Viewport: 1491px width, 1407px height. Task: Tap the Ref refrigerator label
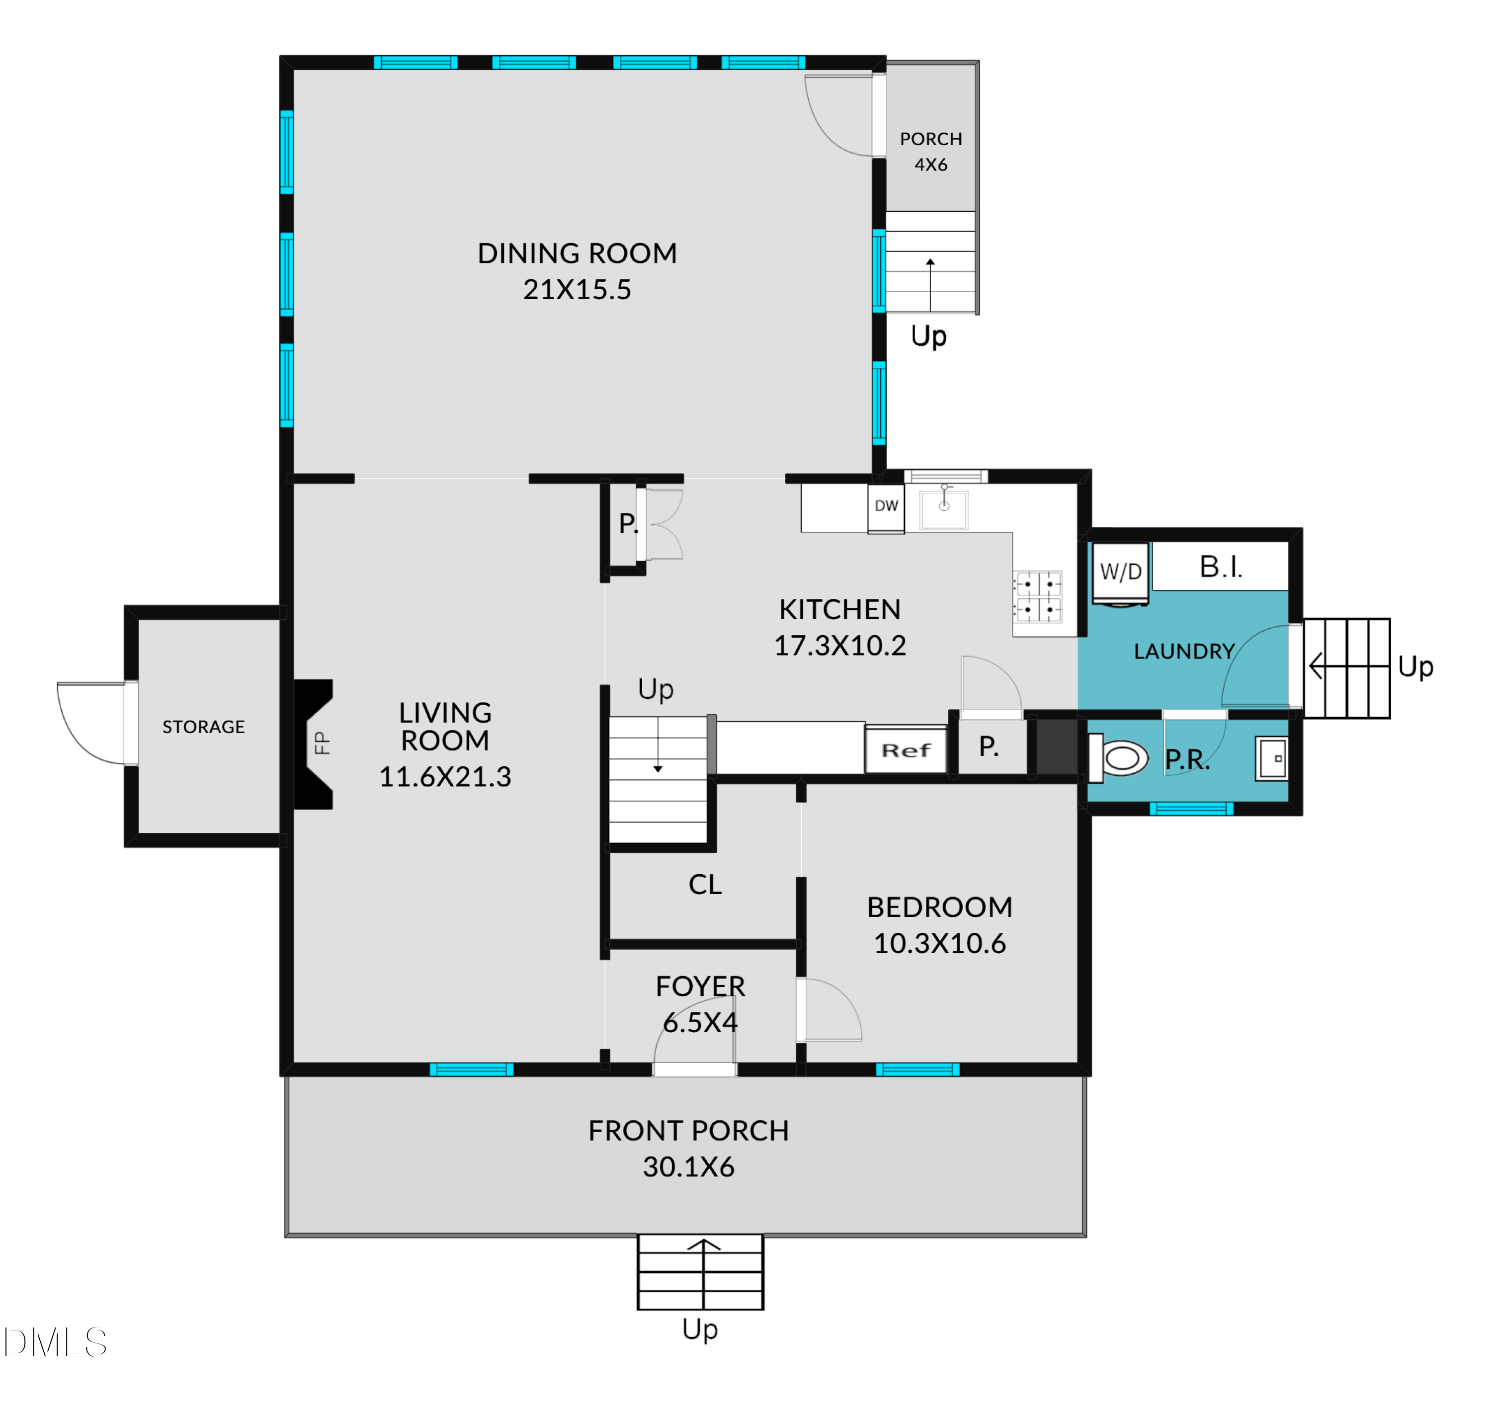pyautogui.click(x=906, y=750)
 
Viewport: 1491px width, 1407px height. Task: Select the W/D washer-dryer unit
pyautogui.click(x=1121, y=574)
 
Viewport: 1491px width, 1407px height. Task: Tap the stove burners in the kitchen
pyautogui.click(x=1038, y=596)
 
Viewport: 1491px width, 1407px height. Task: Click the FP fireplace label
pyautogui.click(x=321, y=743)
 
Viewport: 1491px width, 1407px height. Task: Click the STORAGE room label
pyautogui.click(x=204, y=727)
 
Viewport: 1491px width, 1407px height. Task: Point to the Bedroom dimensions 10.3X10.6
pyautogui.click(x=940, y=943)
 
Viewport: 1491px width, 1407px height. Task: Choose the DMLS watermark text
pyautogui.click(x=55, y=1342)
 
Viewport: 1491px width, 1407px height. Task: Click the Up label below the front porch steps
pyautogui.click(x=700, y=1330)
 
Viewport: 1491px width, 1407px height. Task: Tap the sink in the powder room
pyautogui.click(x=1272, y=758)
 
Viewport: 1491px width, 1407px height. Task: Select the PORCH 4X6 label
pyautogui.click(x=931, y=152)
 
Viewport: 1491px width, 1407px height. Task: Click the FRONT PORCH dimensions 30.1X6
pyautogui.click(x=688, y=1167)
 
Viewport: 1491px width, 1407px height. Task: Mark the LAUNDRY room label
pyautogui.click(x=1183, y=651)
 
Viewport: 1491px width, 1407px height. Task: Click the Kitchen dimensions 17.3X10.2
pyautogui.click(x=840, y=645)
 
